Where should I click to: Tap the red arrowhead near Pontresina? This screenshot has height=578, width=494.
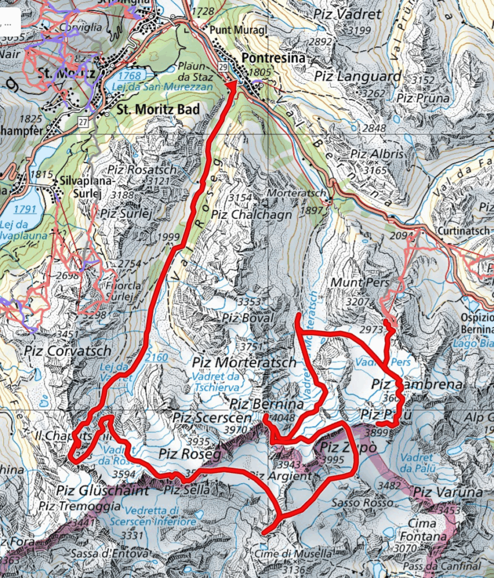pyautogui.click(x=232, y=85)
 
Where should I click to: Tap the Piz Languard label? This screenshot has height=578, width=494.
pyautogui.click(x=357, y=76)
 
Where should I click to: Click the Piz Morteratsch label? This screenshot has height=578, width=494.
pyautogui.click(x=244, y=362)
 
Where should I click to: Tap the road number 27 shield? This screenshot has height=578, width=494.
pyautogui.click(x=84, y=122)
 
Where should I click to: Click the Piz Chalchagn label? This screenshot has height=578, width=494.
pyautogui.click(x=252, y=214)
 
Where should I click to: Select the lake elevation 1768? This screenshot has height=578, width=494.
pyautogui.click(x=129, y=76)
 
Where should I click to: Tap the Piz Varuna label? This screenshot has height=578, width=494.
pyautogui.click(x=448, y=492)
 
